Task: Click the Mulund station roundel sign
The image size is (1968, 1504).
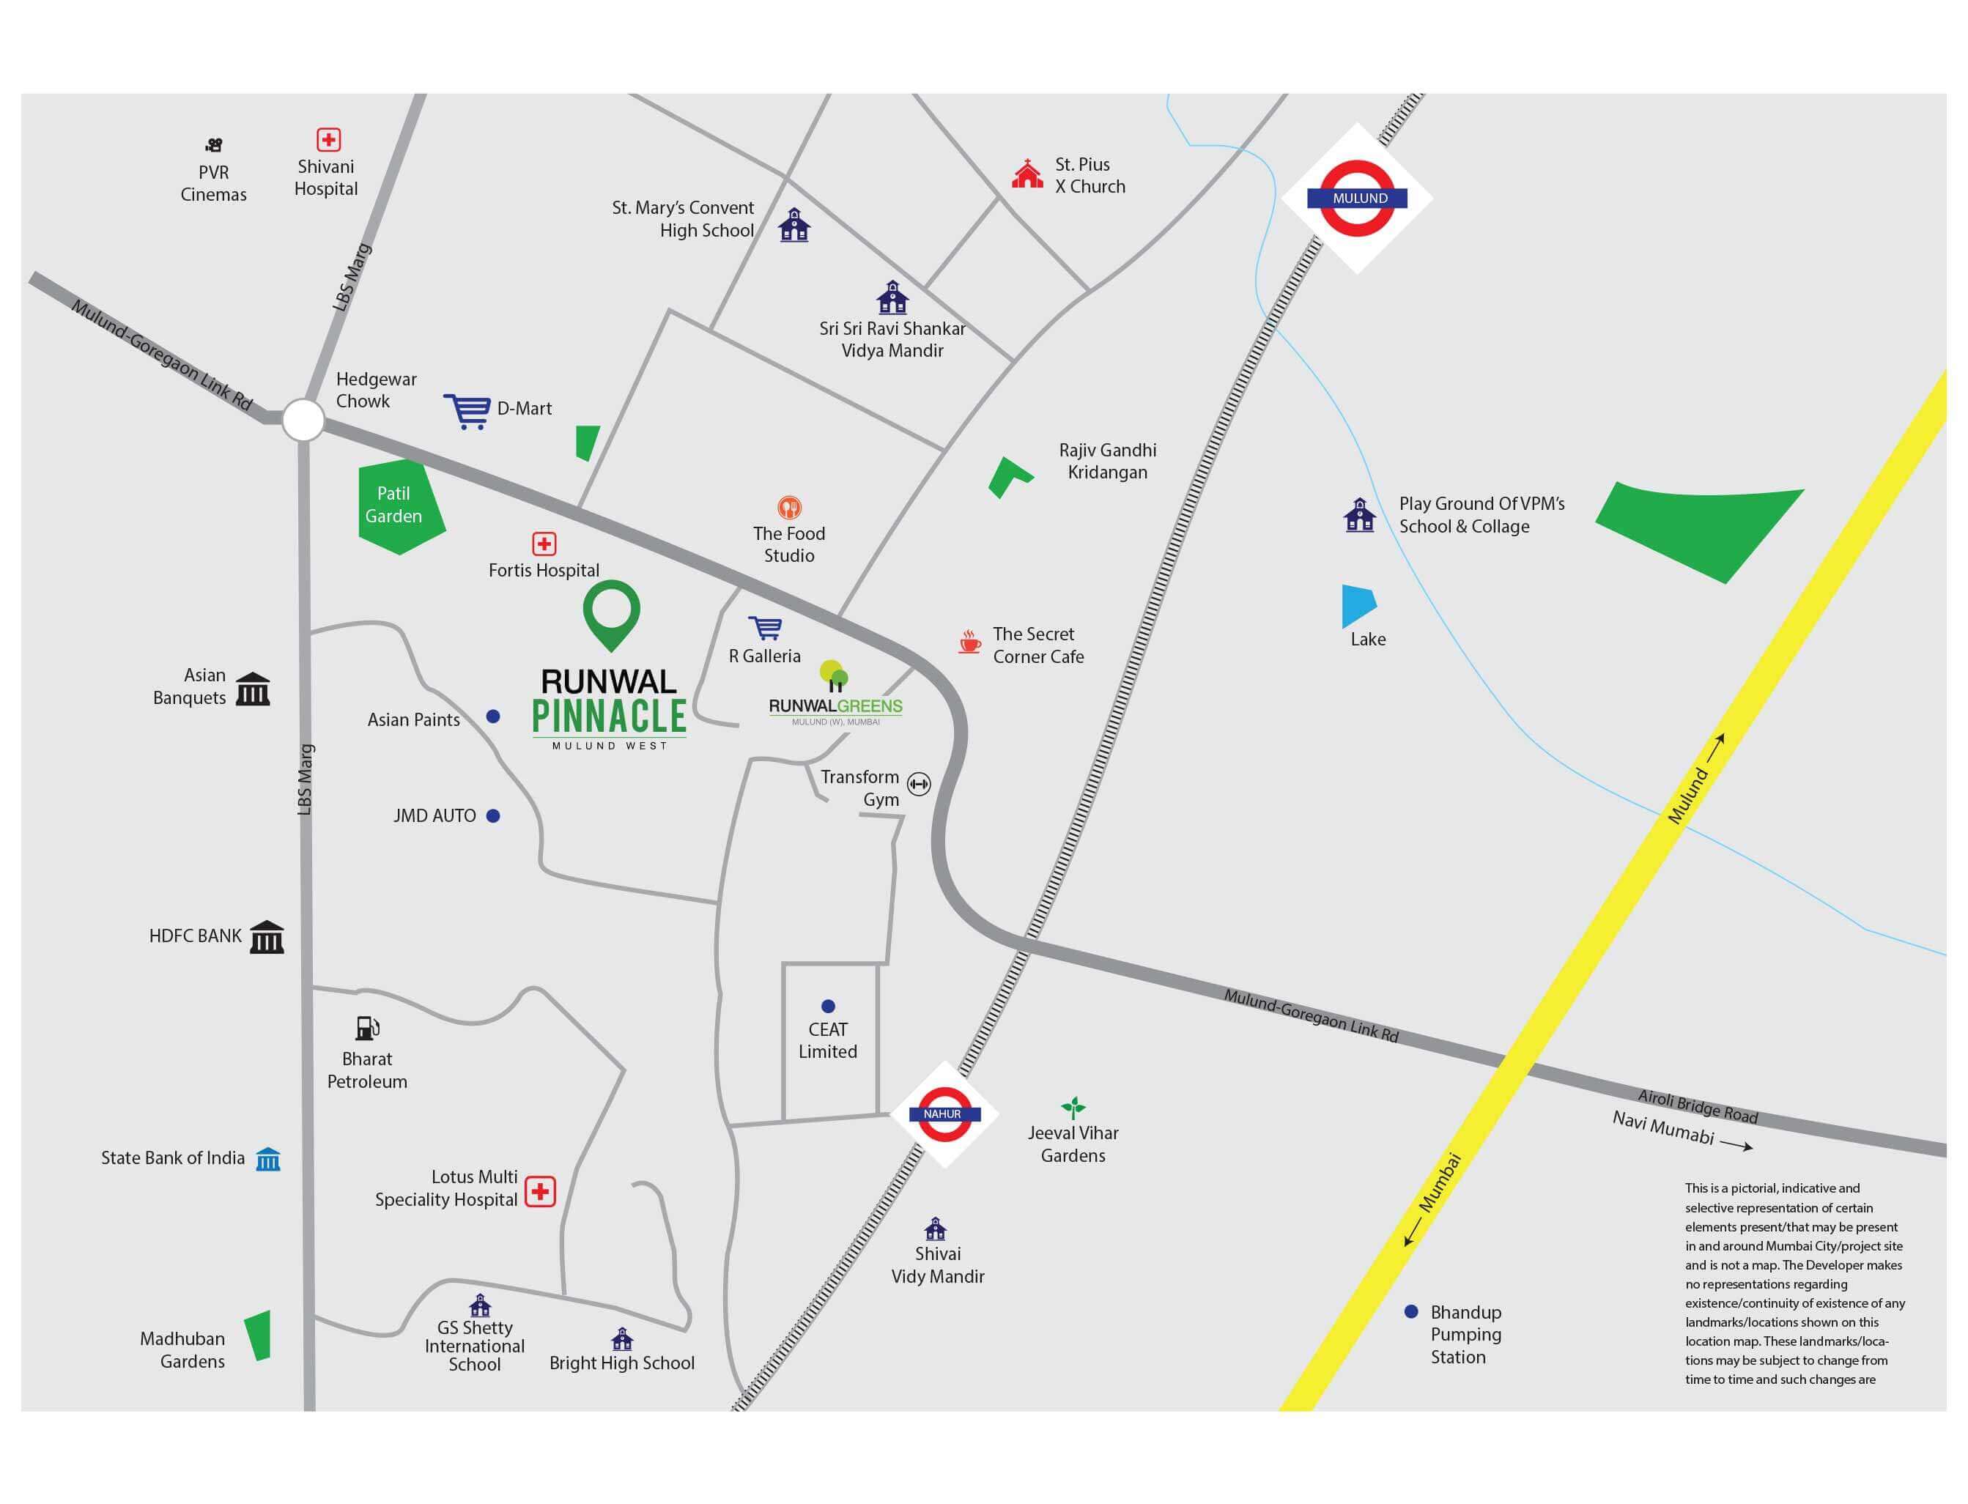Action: click(x=1358, y=198)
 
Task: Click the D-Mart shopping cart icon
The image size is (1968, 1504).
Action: click(x=467, y=412)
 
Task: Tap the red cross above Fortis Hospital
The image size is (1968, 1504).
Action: click(x=544, y=544)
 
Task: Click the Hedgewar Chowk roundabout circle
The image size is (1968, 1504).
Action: click(x=303, y=419)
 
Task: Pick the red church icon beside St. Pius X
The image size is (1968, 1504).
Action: click(x=1027, y=174)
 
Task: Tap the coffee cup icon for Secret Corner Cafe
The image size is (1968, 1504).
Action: click(x=969, y=642)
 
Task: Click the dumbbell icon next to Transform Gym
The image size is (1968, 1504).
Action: click(x=919, y=784)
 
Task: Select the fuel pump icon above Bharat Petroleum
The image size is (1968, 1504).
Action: click(x=367, y=1028)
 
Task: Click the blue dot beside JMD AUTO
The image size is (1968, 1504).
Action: click(x=492, y=815)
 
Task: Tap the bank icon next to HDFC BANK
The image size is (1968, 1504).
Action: click(x=266, y=936)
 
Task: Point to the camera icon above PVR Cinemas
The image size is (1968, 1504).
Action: click(x=213, y=145)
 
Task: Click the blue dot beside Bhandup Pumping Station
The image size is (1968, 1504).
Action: click(x=1411, y=1311)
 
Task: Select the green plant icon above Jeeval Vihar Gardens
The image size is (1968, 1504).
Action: click(x=1073, y=1108)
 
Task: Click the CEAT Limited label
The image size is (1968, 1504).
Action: click(x=827, y=1040)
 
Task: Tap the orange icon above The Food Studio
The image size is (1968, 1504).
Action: click(x=789, y=508)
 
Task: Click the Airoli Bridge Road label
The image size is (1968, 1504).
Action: click(x=1698, y=1106)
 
